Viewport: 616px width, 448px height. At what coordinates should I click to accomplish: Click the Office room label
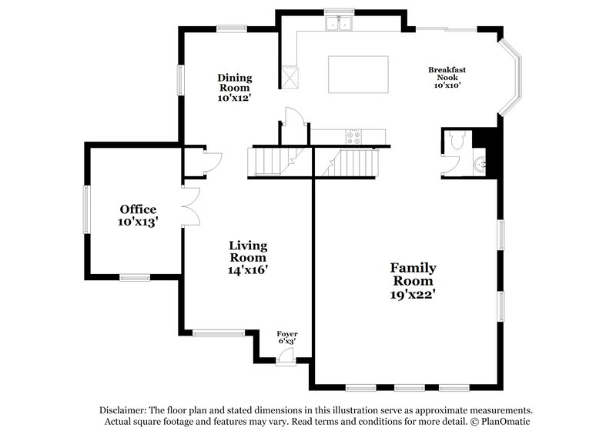coord(138,209)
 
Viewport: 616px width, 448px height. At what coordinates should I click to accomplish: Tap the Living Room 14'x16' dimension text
coord(248,270)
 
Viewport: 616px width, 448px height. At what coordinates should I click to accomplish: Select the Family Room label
coord(413,268)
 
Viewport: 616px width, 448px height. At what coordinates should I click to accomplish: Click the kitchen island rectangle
coord(358,74)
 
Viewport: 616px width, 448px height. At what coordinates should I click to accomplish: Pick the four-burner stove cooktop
coord(353,137)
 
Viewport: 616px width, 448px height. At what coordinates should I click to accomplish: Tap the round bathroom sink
coord(480,164)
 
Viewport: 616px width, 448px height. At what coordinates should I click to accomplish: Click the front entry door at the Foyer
coord(286,356)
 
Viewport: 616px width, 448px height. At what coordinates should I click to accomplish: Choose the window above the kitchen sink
coord(339,11)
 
